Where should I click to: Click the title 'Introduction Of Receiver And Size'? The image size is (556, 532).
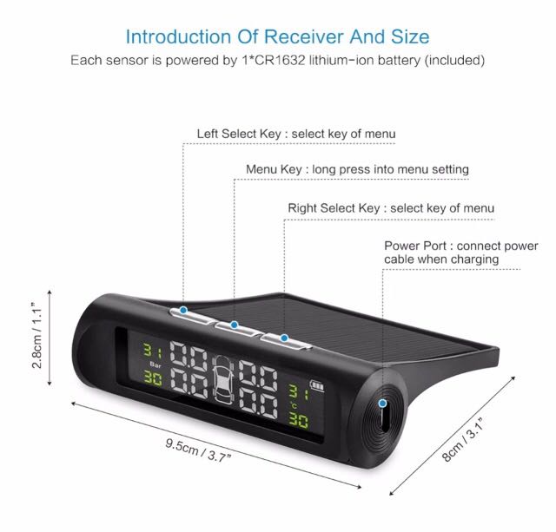pyautogui.click(x=278, y=36)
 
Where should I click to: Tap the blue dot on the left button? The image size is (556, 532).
pyautogui.click(x=183, y=311)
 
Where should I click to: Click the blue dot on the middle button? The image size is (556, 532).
pyautogui.click(x=234, y=325)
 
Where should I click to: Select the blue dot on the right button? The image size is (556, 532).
pyautogui.click(x=284, y=338)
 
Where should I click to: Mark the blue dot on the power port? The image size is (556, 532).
pyautogui.click(x=382, y=403)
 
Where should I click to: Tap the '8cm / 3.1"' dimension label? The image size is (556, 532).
pyautogui.click(x=463, y=439)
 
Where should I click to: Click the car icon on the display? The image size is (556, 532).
pyautogui.click(x=223, y=379)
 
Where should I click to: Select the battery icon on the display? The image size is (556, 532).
pyautogui.click(x=316, y=385)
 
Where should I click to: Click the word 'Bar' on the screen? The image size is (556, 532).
pyautogui.click(x=156, y=365)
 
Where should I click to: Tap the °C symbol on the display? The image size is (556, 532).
pyautogui.click(x=294, y=404)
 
